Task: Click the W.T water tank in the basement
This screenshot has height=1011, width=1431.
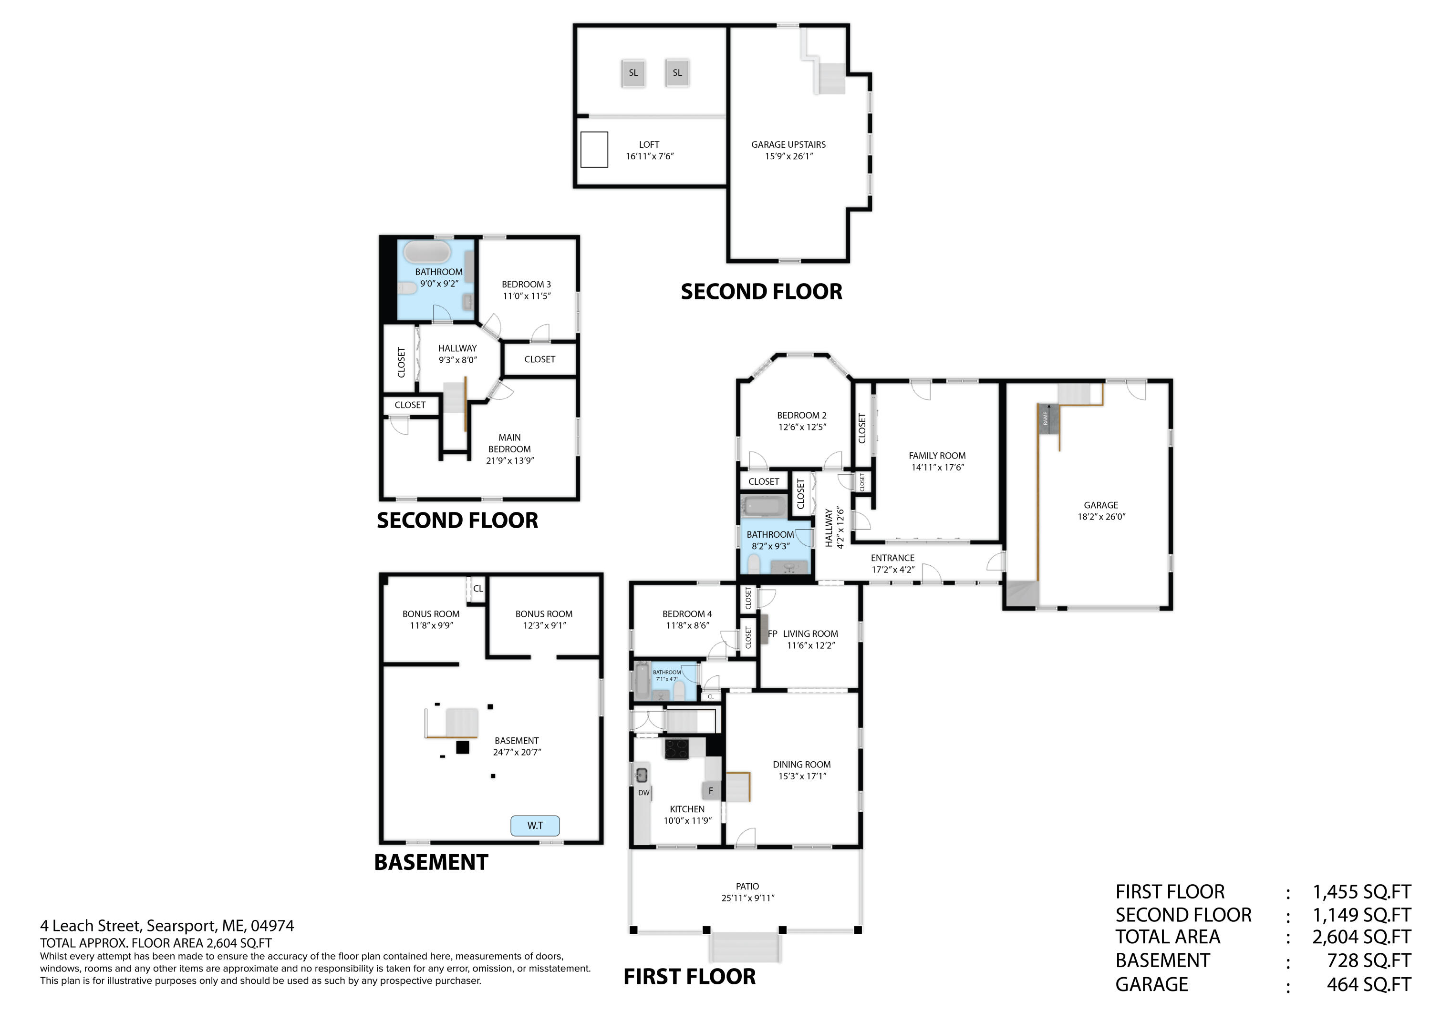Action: [535, 826]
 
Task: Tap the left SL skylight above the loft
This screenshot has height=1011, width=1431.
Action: [633, 73]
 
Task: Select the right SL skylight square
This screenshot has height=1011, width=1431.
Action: [677, 73]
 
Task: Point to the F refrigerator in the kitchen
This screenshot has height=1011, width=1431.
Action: [711, 791]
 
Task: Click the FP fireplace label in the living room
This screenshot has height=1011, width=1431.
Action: [772, 633]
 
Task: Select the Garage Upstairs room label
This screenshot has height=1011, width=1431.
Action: [788, 144]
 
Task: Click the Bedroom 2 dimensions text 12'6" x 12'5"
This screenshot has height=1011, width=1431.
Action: [801, 427]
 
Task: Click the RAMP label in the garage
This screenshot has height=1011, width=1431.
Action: [1045, 419]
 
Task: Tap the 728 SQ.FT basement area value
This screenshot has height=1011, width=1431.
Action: [1368, 961]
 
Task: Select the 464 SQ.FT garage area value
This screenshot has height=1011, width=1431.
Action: [1368, 985]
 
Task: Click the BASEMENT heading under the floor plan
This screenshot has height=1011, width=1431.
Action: [431, 863]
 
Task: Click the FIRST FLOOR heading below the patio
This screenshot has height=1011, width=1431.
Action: [689, 977]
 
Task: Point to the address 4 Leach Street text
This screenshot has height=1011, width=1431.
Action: [166, 926]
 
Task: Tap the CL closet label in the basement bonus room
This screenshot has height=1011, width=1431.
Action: [478, 589]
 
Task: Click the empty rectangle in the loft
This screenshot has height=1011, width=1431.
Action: [594, 150]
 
